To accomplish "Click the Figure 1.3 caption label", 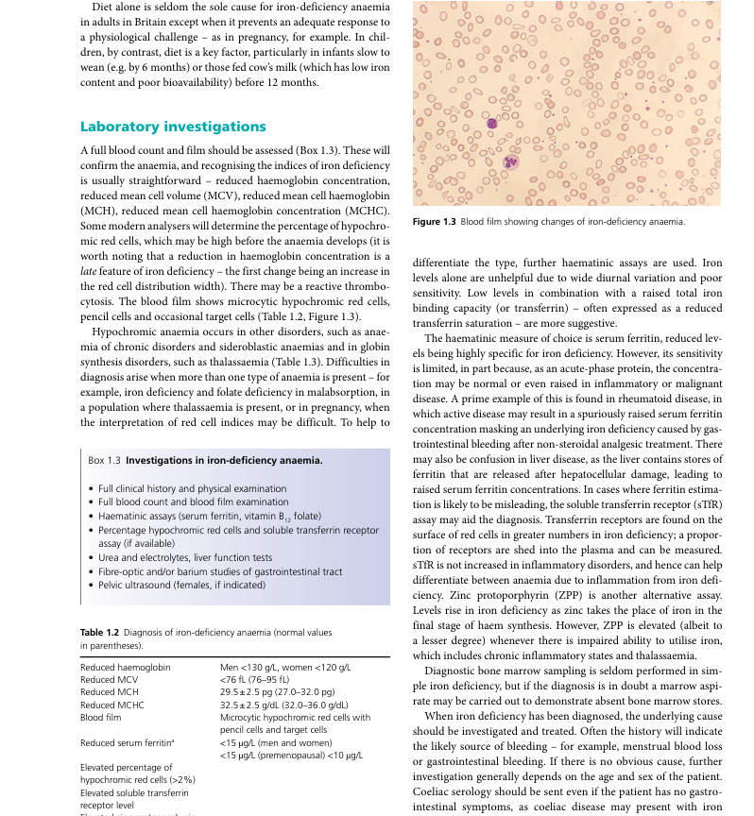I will (x=435, y=222).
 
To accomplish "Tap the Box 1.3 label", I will (x=104, y=461).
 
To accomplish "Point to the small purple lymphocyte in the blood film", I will (x=491, y=123).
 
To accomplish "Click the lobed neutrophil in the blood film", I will (x=511, y=161).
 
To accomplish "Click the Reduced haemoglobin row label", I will (x=126, y=667).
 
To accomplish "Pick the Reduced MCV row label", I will (x=109, y=679).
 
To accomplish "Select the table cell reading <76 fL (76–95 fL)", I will (x=254, y=679).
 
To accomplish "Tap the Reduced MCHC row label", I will (x=111, y=704).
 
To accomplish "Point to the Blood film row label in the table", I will (x=101, y=717).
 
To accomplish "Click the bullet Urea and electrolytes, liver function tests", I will (x=185, y=558).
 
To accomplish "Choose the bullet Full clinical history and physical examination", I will (x=192, y=489).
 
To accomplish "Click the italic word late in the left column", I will (x=88, y=272).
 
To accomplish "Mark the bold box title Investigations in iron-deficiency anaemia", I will (x=224, y=461).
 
